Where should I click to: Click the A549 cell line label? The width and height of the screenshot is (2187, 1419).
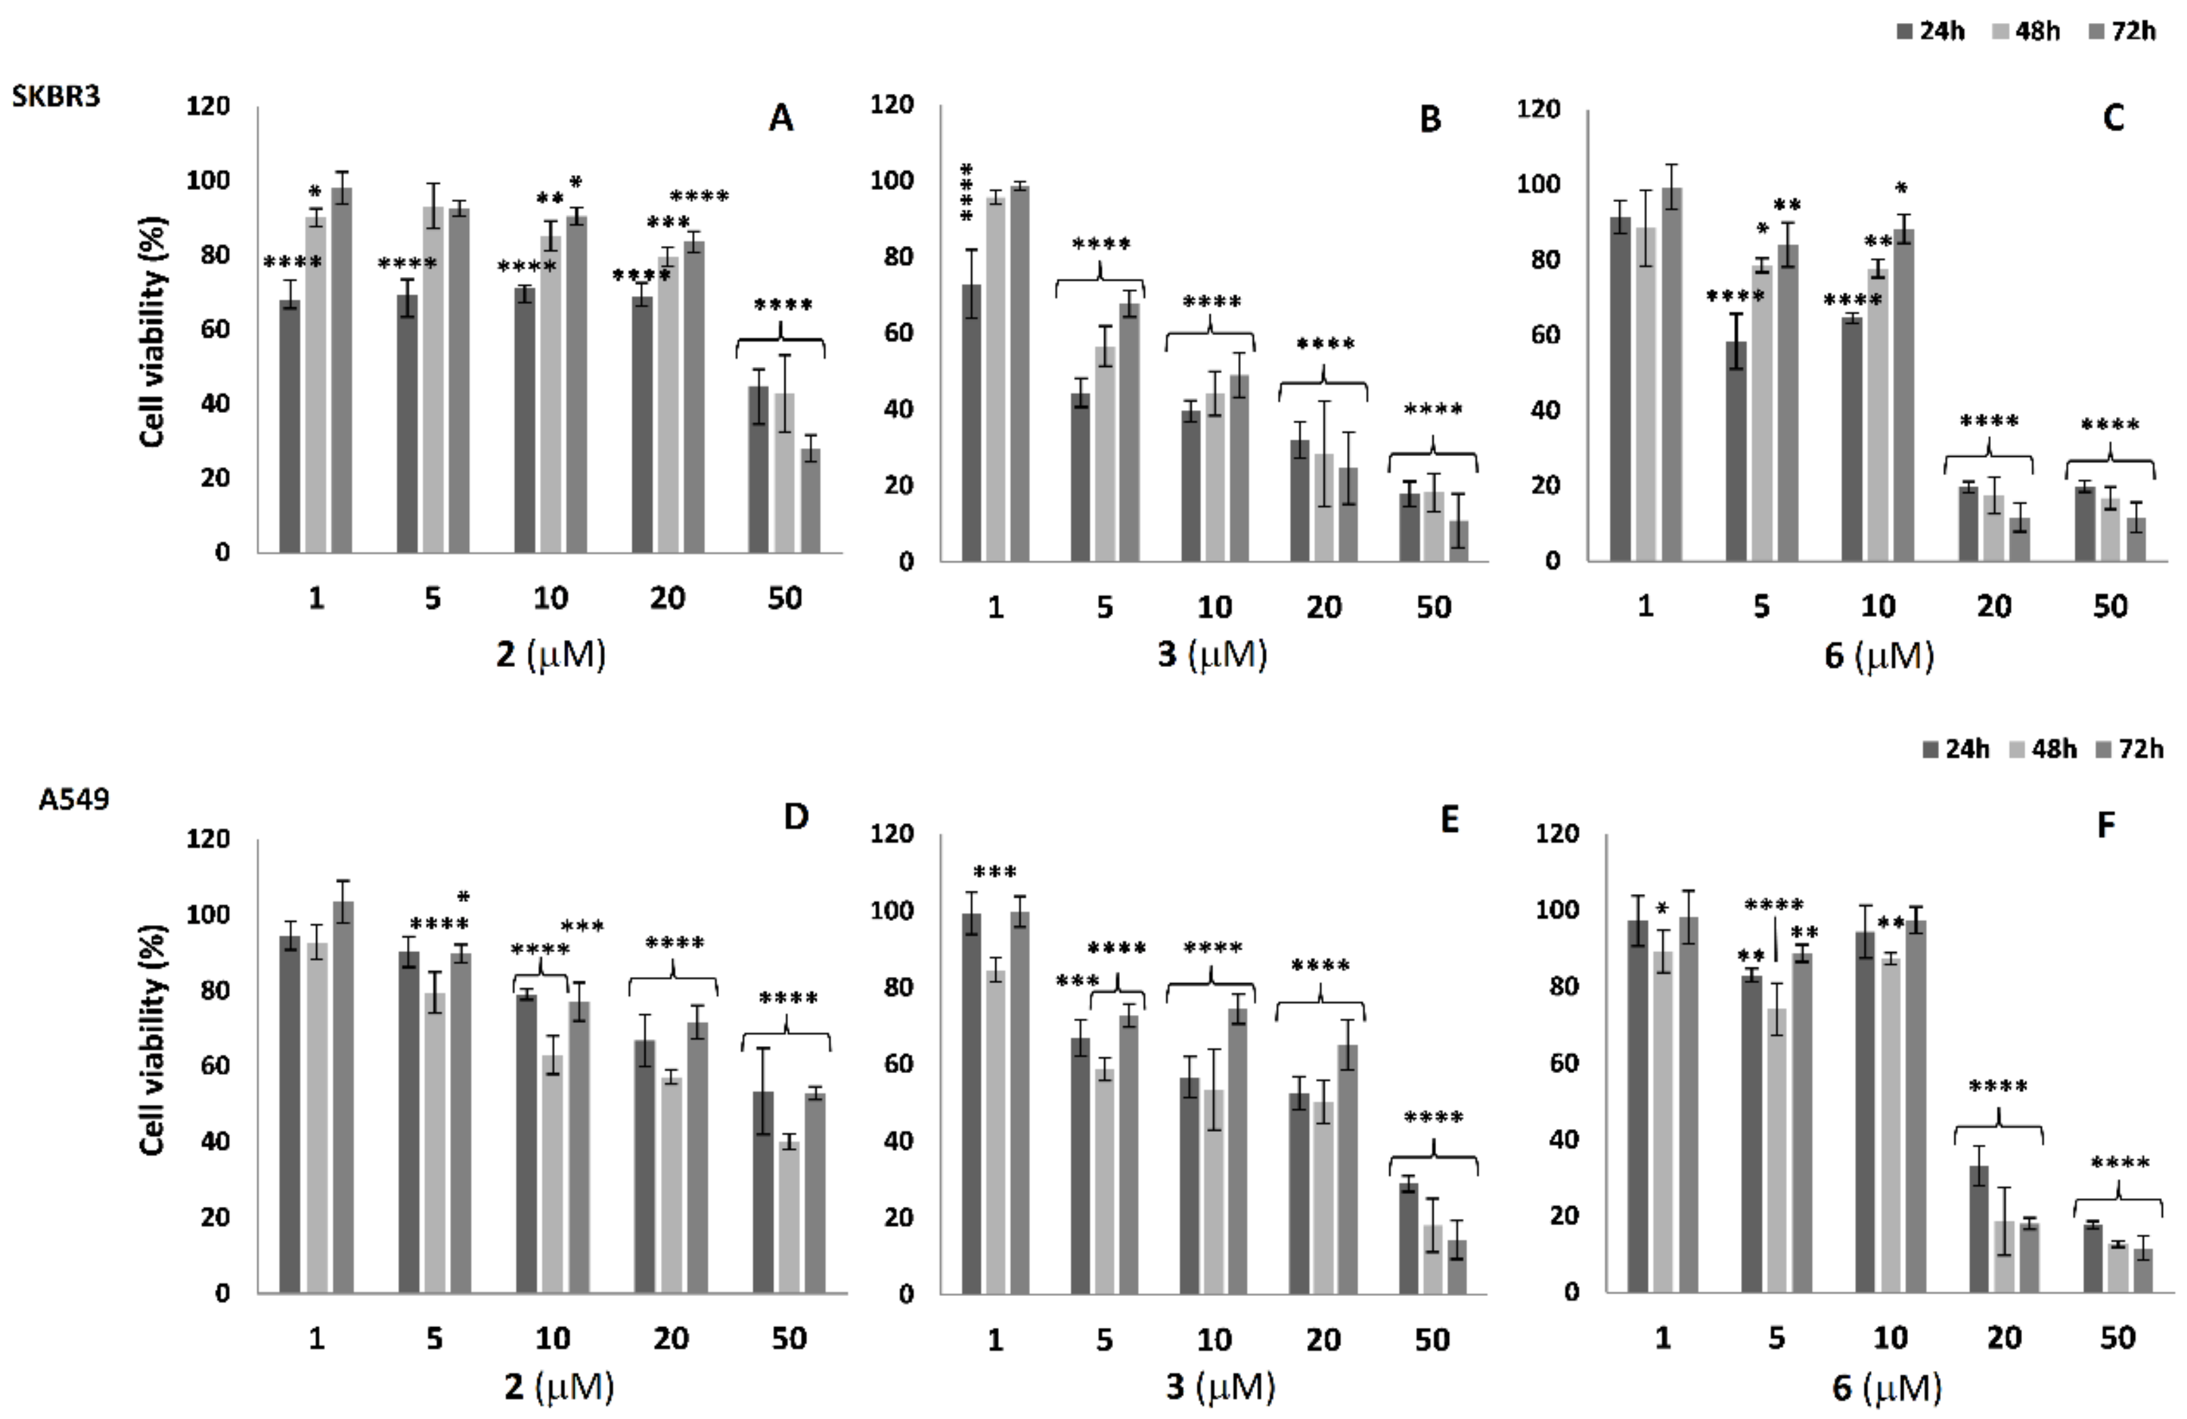pyautogui.click(x=74, y=799)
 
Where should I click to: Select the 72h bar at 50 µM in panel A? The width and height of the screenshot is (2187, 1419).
pyautogui.click(x=810, y=500)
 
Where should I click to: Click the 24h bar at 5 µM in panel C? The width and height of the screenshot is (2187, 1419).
pyautogui.click(x=1736, y=450)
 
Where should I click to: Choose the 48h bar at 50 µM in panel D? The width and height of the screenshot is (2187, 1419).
pyautogui.click(x=789, y=1216)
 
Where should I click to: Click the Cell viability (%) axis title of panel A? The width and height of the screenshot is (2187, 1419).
pyautogui.click(x=153, y=332)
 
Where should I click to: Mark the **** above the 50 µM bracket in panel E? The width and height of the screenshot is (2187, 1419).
pyautogui.click(x=1433, y=1118)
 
